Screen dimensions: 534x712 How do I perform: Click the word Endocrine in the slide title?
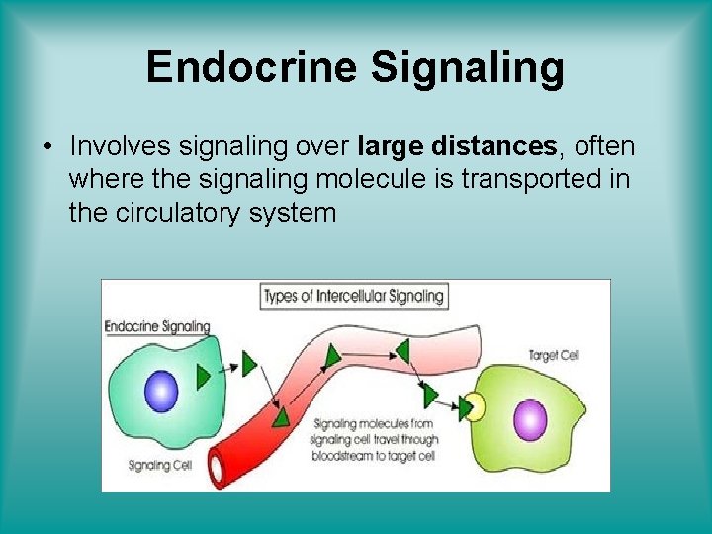click(251, 68)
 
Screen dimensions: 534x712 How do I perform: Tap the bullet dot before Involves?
click(46, 147)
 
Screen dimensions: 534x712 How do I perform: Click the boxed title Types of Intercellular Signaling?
click(354, 295)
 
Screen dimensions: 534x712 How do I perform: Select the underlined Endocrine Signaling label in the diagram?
click(157, 326)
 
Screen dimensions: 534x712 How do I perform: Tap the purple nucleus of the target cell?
click(531, 418)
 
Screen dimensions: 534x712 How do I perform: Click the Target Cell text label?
click(554, 355)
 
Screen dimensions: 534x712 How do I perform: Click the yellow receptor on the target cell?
click(477, 407)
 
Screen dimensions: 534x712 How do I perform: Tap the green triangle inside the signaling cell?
click(204, 377)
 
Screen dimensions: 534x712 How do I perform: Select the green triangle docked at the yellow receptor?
click(465, 406)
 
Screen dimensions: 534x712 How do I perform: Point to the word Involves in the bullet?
click(121, 147)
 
